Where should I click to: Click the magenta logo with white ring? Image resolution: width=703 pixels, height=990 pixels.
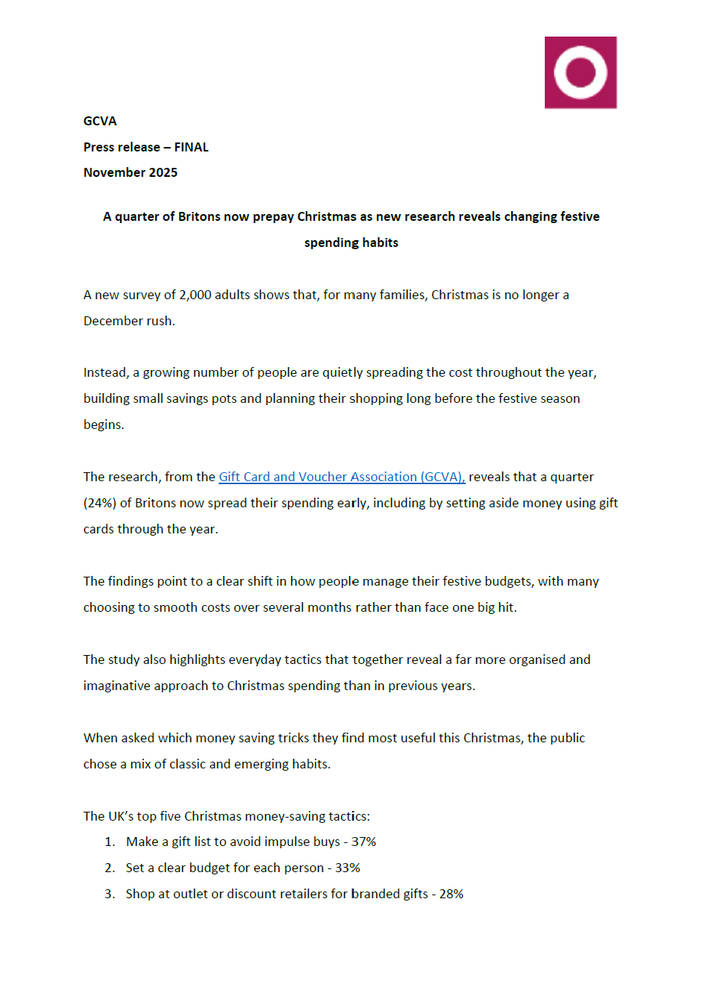pos(581,72)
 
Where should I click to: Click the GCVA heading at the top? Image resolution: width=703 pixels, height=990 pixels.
pos(100,121)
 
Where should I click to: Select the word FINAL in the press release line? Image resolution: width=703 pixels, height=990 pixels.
pos(191,147)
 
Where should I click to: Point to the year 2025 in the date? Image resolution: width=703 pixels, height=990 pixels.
pos(163,172)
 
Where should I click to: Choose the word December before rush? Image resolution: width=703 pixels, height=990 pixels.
pos(107,321)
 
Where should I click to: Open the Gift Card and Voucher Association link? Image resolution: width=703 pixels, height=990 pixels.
pos(341,477)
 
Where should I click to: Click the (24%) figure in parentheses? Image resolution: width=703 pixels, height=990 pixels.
pos(100,503)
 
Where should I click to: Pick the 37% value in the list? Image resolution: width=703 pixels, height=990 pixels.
pos(363,842)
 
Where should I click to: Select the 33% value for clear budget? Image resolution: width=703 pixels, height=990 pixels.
pos(348,868)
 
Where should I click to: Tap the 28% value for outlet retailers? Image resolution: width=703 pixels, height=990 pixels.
pos(451,894)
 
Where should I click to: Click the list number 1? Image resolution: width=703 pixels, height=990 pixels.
pos(110,842)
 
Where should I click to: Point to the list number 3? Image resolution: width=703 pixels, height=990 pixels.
pos(110,894)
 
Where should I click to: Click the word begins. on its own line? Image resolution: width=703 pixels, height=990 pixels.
pos(104,424)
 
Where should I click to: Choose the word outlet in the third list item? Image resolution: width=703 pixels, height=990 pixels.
pos(190,894)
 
